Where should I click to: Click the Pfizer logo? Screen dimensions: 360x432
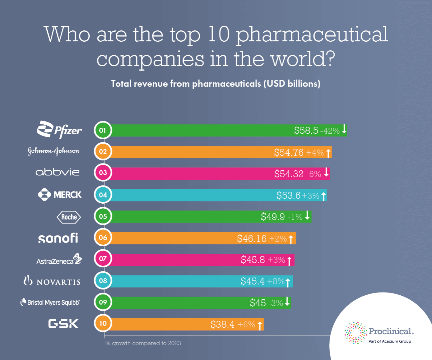(x=59, y=130)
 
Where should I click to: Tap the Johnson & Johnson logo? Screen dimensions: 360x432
(x=53, y=151)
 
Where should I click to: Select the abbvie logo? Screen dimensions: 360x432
(x=57, y=172)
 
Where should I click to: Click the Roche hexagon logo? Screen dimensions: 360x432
(x=69, y=217)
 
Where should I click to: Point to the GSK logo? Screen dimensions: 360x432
(x=63, y=324)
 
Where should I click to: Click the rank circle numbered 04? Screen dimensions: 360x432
(x=103, y=195)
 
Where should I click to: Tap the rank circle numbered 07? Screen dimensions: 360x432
(x=103, y=259)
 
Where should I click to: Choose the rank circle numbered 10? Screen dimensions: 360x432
(x=103, y=323)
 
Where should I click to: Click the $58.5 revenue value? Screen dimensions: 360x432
(x=306, y=130)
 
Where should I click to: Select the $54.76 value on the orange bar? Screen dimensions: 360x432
(x=289, y=153)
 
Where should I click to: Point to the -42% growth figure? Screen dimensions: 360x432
(x=330, y=131)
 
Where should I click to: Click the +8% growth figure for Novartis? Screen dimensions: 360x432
(x=276, y=281)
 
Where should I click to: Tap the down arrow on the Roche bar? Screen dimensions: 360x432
(x=307, y=216)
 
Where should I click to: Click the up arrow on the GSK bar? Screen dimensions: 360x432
(x=260, y=324)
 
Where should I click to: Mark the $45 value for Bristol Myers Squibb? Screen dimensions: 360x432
(x=258, y=303)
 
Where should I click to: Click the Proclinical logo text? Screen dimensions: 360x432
(x=391, y=331)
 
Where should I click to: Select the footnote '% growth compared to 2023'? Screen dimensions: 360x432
(x=143, y=343)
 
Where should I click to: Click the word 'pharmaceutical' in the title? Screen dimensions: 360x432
(x=312, y=35)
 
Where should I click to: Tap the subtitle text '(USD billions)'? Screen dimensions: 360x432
(x=292, y=83)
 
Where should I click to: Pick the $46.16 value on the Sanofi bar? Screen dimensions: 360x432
(x=252, y=239)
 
